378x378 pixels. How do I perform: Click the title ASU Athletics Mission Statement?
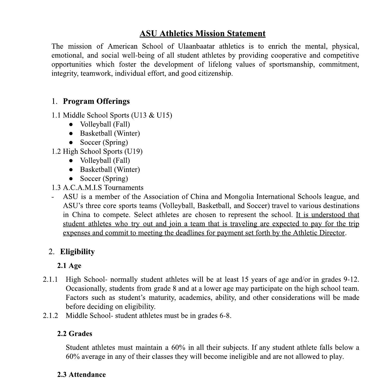[202, 34]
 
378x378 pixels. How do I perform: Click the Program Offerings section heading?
[96, 101]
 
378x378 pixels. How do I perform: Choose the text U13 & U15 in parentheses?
[151, 115]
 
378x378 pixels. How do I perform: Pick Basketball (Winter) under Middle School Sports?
[110, 133]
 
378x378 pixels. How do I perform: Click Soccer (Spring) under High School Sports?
[104, 179]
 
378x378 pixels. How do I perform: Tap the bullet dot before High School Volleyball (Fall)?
[71, 161]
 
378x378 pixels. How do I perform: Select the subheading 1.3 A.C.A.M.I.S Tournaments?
[98, 188]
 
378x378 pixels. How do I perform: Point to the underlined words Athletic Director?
[319, 233]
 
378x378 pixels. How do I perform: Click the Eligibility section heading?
[77, 252]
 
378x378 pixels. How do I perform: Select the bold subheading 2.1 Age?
[69, 266]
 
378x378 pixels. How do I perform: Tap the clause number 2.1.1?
[50, 279]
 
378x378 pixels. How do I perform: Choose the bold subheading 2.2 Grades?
[75, 334]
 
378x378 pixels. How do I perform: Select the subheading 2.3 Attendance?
[81, 374]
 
